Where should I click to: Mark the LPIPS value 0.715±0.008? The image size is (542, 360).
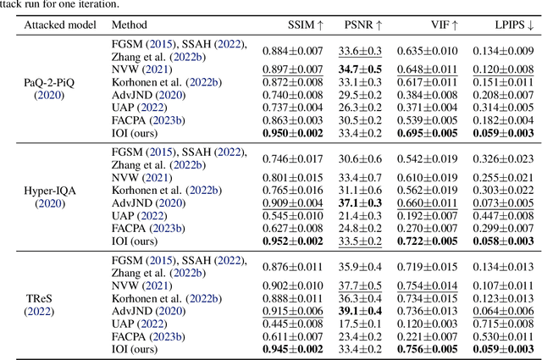[501, 324]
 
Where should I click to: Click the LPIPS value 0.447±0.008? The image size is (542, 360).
[501, 216]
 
